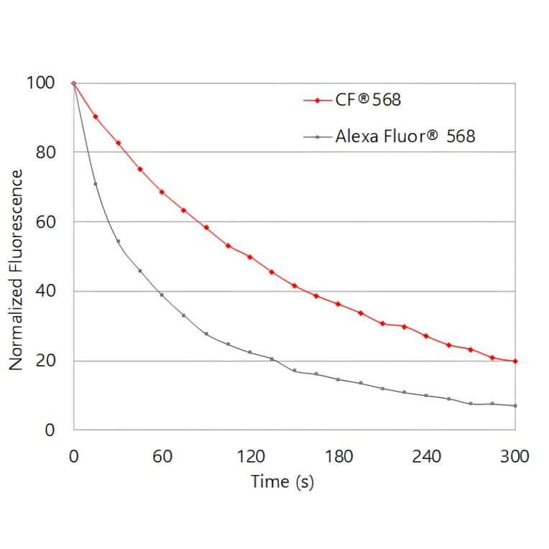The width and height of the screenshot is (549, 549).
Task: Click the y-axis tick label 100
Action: (41, 83)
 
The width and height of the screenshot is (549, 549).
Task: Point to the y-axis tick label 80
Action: (45, 152)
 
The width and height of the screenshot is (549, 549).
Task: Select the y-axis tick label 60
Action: (45, 221)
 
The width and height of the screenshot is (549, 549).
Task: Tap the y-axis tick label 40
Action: (45, 291)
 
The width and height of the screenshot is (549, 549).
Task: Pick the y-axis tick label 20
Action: (45, 361)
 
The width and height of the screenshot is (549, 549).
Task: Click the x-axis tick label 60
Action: (162, 456)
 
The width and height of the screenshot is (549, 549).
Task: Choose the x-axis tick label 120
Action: (251, 456)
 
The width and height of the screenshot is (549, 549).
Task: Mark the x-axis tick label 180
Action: (339, 456)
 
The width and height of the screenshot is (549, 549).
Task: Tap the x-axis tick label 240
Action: (428, 456)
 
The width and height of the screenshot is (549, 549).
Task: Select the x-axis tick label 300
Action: (515, 456)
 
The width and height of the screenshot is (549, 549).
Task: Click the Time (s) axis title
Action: (282, 481)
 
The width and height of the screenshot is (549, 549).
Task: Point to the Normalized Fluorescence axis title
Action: (17, 270)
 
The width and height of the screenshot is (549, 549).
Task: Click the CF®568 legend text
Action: (368, 100)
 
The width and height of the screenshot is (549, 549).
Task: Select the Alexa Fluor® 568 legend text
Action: (405, 136)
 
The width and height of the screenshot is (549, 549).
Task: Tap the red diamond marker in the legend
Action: (317, 101)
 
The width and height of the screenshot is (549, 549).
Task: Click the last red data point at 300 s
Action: (515, 361)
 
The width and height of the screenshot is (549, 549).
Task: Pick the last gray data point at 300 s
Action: (515, 406)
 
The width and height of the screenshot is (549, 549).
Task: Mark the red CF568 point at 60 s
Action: (162, 192)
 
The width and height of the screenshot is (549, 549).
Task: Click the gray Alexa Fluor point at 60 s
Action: (162, 295)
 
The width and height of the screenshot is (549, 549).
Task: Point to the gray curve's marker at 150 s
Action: (295, 370)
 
